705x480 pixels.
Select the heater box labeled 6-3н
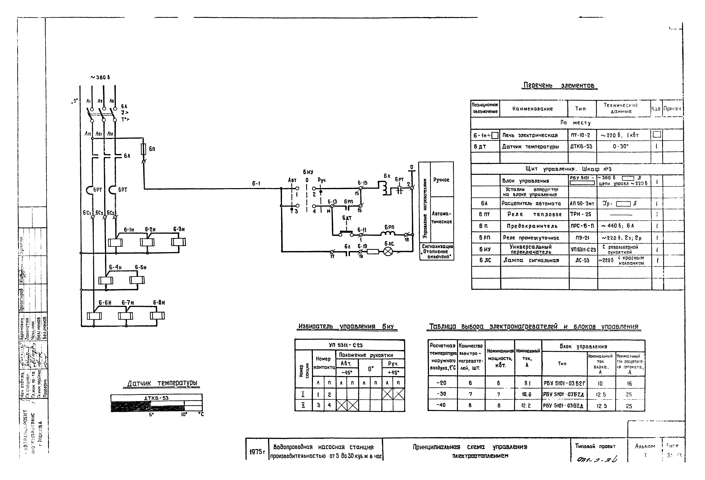(x=178, y=242)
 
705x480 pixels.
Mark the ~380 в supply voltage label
(x=100, y=77)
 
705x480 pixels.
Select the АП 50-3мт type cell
(x=582, y=204)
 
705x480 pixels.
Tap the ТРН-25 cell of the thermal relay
(x=581, y=215)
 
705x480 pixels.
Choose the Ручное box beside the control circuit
(x=441, y=180)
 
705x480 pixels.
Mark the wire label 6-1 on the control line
(x=256, y=184)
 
